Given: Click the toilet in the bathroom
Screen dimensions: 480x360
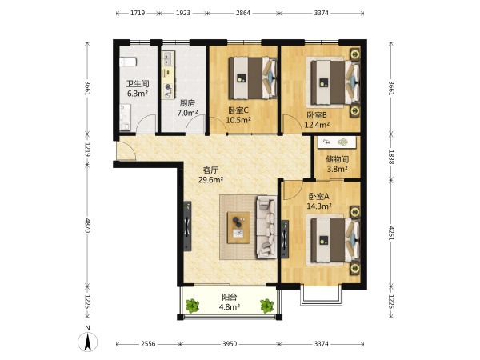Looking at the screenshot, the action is (128, 62).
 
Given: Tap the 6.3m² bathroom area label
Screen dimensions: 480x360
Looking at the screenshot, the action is (138, 94).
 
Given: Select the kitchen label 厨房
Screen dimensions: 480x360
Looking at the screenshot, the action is (187, 103).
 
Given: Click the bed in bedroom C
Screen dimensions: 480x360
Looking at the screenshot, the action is (253, 78).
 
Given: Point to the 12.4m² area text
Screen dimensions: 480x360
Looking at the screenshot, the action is (317, 125).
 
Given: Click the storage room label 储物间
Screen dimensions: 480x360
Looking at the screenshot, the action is (338, 159).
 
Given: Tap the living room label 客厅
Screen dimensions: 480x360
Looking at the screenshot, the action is (211, 170).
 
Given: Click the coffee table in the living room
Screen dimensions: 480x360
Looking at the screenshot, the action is (238, 227).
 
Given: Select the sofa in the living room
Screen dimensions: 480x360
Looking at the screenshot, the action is (266, 227).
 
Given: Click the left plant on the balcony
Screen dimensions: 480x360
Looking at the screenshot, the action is (193, 306).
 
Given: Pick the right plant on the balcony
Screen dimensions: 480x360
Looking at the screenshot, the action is (267, 306).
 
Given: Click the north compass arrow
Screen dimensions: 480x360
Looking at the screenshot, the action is (88, 342).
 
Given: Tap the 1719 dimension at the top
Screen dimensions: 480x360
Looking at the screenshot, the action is (138, 13).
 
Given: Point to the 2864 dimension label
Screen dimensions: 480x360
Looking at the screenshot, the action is (242, 13).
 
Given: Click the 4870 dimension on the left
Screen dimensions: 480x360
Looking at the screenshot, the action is (88, 225).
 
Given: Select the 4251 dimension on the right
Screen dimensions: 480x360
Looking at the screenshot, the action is (391, 232).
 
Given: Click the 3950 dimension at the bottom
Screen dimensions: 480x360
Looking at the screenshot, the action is (230, 344).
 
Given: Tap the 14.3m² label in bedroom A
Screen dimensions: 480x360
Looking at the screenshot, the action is (319, 206).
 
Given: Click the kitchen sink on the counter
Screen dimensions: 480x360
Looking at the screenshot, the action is (168, 58).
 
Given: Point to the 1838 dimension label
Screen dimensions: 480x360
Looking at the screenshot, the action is (391, 157).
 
